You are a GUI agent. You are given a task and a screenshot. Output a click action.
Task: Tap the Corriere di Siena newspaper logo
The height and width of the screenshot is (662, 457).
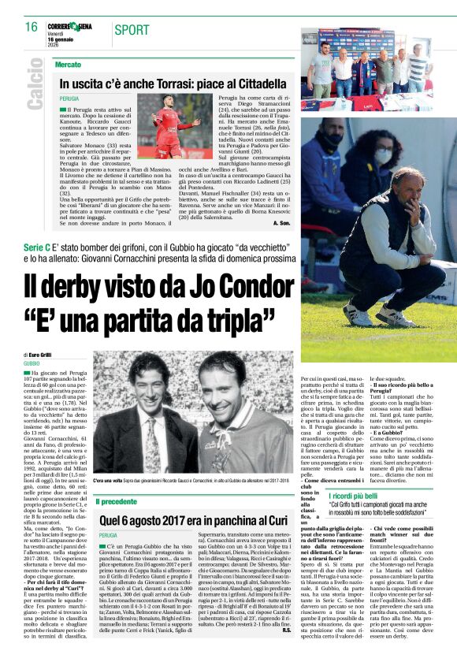69,27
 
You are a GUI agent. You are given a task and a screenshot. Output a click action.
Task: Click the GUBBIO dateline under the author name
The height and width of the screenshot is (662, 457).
32,364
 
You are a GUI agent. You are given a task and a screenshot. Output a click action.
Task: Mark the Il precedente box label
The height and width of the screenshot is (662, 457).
117,501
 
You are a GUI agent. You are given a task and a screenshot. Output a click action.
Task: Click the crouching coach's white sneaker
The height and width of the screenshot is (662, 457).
359,315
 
